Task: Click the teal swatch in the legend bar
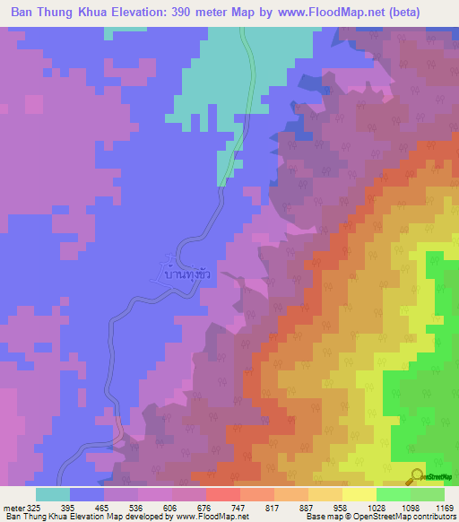pyautogui.click(x=53, y=494)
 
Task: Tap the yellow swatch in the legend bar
pyautogui.click(x=359, y=494)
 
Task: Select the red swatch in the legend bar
pyautogui.click(x=222, y=494)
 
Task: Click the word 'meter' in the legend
pyautogui.click(x=12, y=508)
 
